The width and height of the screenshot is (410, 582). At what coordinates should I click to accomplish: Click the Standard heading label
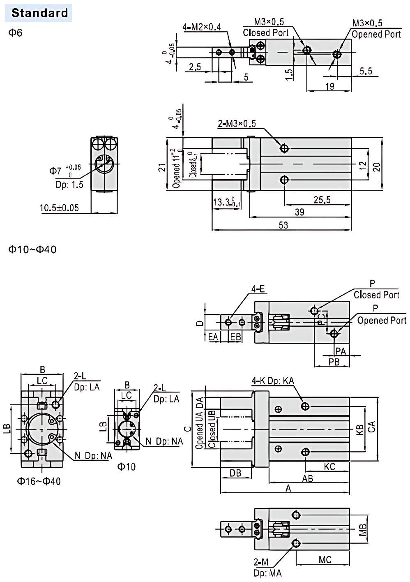39,13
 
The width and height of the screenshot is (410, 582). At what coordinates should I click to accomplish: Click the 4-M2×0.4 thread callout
202,27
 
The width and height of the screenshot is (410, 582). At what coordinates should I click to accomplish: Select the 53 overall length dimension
283,225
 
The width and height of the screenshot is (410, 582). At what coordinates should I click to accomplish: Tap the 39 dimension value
300,212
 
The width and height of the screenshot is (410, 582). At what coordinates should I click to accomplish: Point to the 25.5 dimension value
321,200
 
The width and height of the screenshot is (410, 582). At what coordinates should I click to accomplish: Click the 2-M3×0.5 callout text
237,124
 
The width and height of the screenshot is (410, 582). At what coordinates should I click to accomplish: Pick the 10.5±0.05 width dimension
59,208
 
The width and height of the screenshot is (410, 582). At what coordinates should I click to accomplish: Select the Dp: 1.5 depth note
69,185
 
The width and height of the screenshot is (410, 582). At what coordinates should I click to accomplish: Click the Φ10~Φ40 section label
33,249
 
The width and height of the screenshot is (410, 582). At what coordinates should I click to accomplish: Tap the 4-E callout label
258,289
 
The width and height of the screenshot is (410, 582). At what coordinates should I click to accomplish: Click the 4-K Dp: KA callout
273,381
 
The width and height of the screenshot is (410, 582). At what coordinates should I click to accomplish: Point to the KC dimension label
329,467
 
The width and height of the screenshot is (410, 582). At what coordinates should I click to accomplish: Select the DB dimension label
235,473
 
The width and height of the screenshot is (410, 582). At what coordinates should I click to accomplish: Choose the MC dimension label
325,559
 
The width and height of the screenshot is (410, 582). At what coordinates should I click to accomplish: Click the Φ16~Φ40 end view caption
39,481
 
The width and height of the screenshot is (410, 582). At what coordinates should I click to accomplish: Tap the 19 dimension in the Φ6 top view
329,86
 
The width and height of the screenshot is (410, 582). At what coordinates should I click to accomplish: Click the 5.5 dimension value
365,71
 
